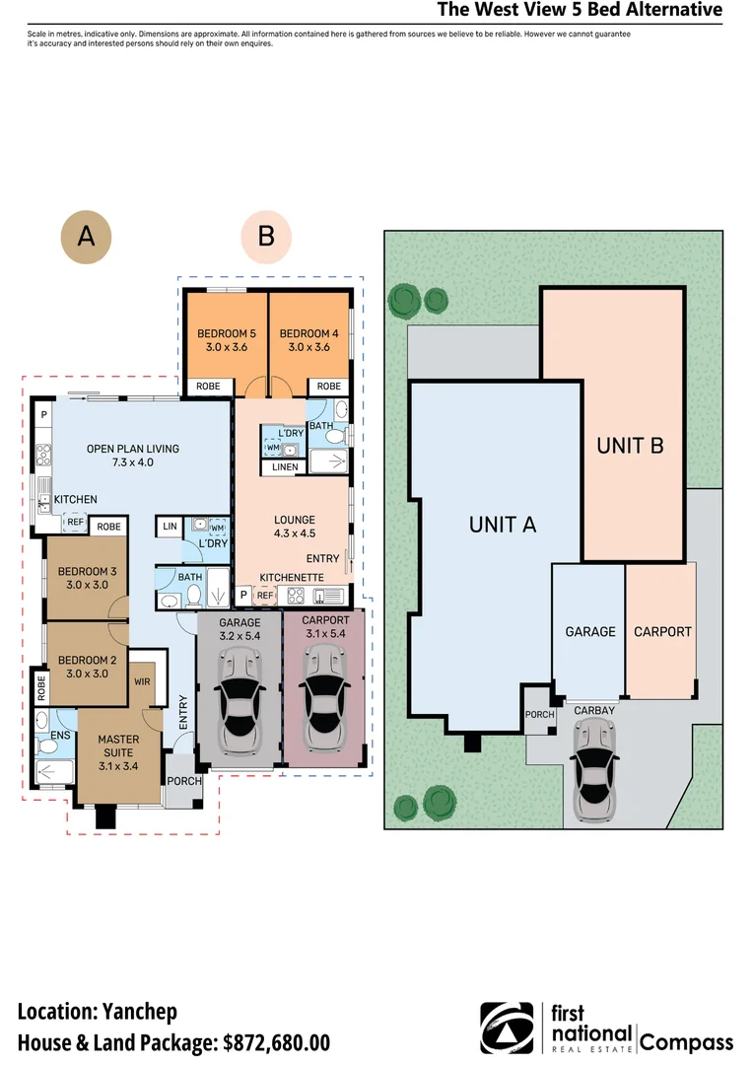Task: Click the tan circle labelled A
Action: [x=87, y=238]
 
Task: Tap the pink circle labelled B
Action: [x=266, y=237]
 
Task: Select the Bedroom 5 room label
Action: [x=225, y=340]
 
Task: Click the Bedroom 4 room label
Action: [x=308, y=340]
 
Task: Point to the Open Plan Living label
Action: [x=133, y=456]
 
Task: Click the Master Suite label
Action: [x=118, y=746]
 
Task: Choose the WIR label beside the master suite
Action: [x=142, y=680]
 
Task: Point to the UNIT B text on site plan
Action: [x=630, y=446]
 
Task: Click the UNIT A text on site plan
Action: [x=503, y=525]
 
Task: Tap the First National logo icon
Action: [x=507, y=1029]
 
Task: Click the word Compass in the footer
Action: [x=687, y=1042]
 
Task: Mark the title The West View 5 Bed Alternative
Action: [x=580, y=11]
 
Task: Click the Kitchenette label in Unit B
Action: [x=292, y=576]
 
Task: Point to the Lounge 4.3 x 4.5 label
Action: [x=295, y=527]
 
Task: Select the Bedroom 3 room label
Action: [x=88, y=578]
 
